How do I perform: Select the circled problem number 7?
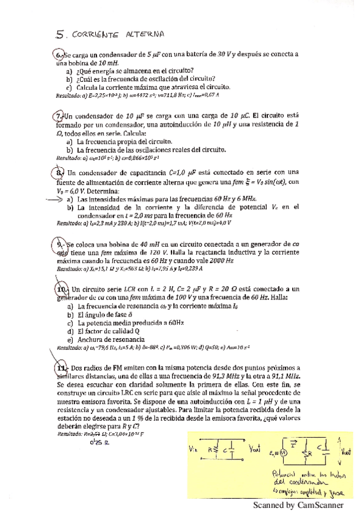(59, 116)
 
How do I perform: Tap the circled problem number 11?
(61, 368)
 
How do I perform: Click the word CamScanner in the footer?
(321, 504)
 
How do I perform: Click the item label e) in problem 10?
(71, 340)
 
